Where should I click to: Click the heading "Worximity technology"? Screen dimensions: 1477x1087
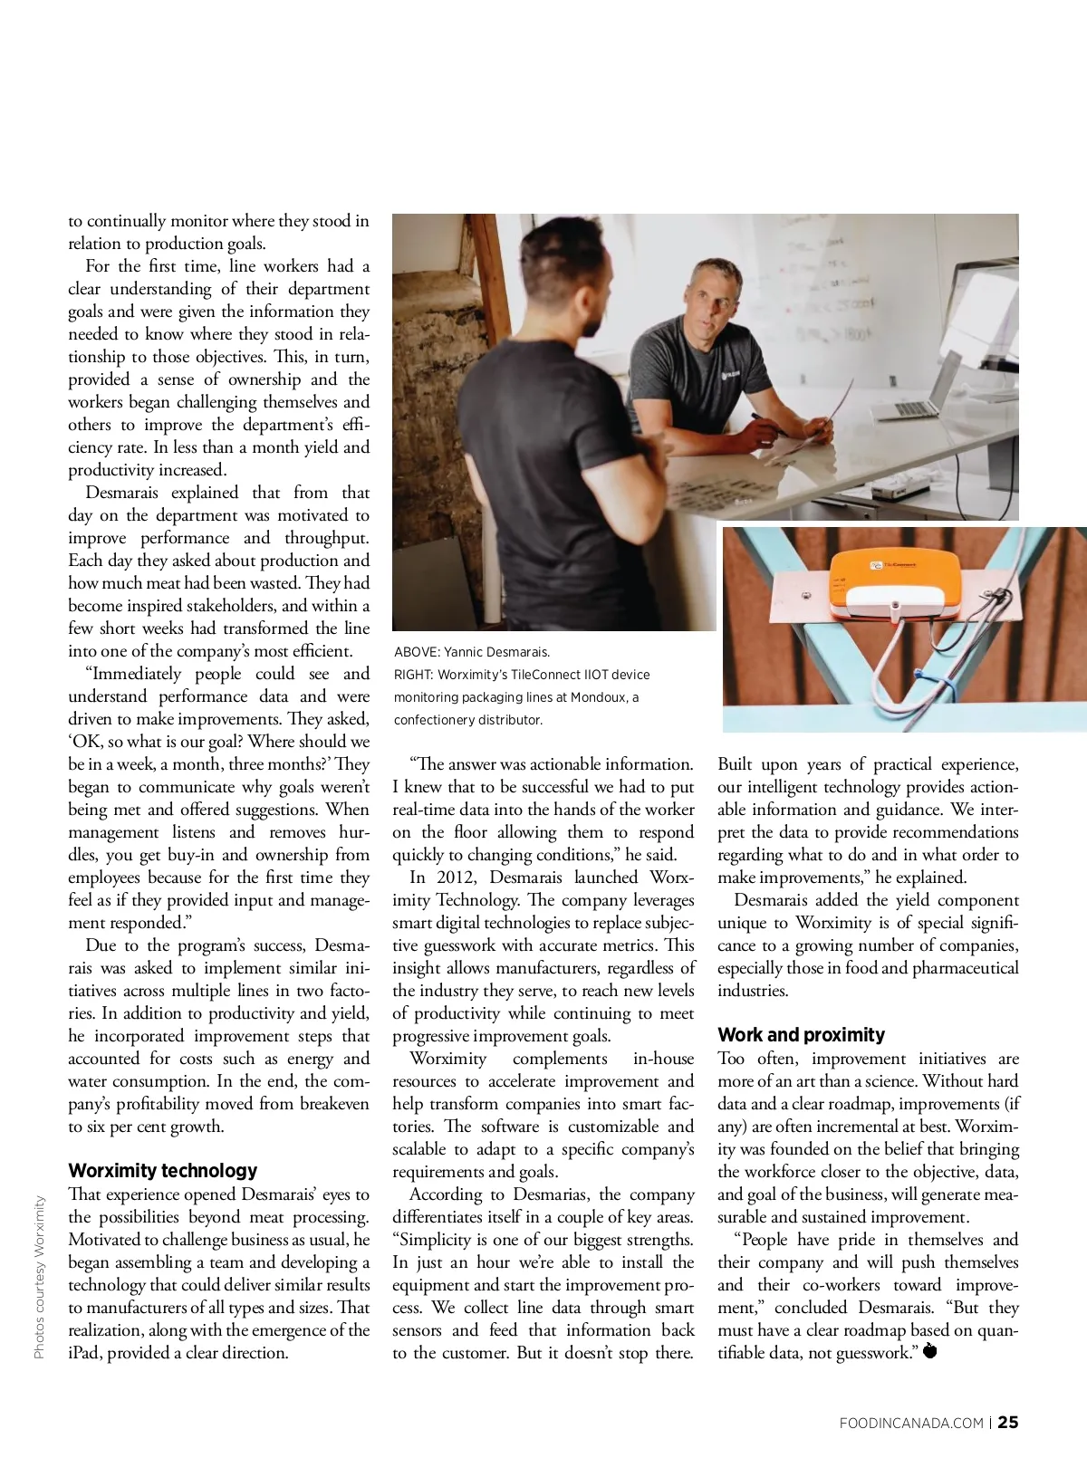(x=163, y=1170)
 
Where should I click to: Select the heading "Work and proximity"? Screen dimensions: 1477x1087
(x=801, y=1034)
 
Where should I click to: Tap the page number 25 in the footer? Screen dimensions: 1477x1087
(x=1008, y=1423)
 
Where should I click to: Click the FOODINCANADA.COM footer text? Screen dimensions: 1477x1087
(x=911, y=1424)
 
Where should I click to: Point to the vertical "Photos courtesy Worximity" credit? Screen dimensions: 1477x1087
(x=39, y=1277)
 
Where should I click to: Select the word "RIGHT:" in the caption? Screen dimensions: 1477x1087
(x=413, y=675)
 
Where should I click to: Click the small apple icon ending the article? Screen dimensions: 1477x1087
(x=929, y=1352)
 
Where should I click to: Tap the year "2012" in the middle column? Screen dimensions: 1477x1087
(x=457, y=878)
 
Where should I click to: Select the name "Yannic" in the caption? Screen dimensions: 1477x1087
(x=466, y=652)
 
